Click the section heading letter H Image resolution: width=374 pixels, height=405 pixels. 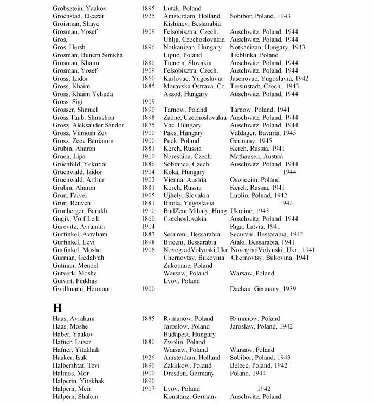(57, 307)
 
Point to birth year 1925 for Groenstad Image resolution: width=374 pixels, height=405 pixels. (148, 16)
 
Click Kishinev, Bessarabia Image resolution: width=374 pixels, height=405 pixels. (192, 24)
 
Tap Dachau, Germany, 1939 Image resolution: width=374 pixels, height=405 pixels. (263, 289)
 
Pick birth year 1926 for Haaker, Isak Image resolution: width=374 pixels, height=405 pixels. (148, 358)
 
